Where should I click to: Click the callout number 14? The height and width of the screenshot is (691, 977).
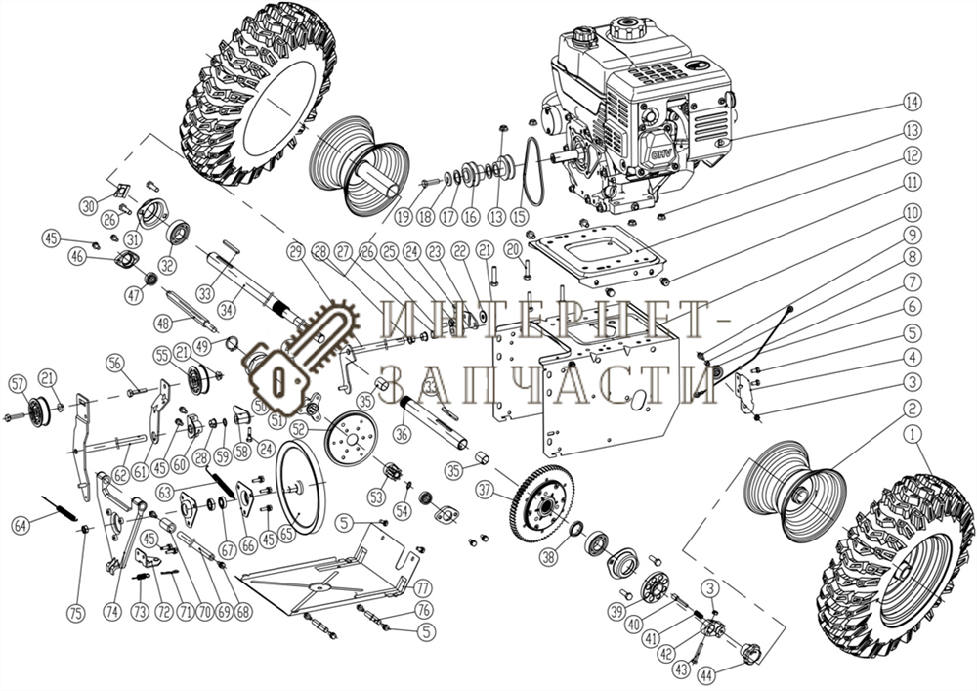pos(911,102)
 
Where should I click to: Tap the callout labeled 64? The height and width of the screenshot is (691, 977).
pos(21,524)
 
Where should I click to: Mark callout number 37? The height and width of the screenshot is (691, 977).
pos(486,488)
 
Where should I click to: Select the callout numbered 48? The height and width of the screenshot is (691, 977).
pos(164,324)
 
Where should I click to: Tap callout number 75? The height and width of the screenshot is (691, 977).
pos(74,613)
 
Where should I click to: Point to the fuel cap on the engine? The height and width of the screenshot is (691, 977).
pos(582,37)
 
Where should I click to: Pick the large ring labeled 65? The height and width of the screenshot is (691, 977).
pos(300,486)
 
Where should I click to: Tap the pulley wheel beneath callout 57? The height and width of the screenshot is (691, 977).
pos(38,411)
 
